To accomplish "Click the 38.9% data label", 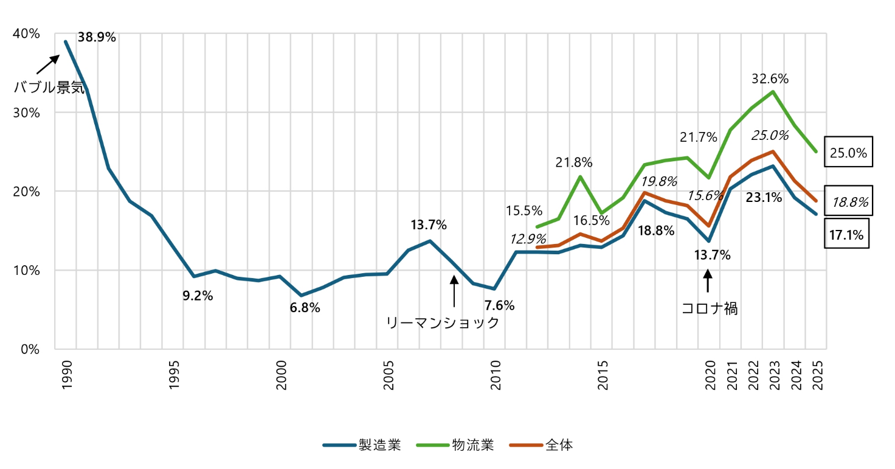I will pos(97,37).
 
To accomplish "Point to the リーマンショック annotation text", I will pos(443,322).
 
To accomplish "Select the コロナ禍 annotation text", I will pos(710,308).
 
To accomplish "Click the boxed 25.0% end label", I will pos(848,153).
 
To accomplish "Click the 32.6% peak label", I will pos(770,78).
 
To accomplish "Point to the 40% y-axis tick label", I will pos(26,34).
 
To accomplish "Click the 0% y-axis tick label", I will pos(29,349).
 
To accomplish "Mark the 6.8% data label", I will pos(305,308).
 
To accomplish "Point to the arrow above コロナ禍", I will pos(707,282).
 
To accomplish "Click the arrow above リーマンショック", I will pos(453,291).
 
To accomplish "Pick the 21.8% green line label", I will pos(573,162).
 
